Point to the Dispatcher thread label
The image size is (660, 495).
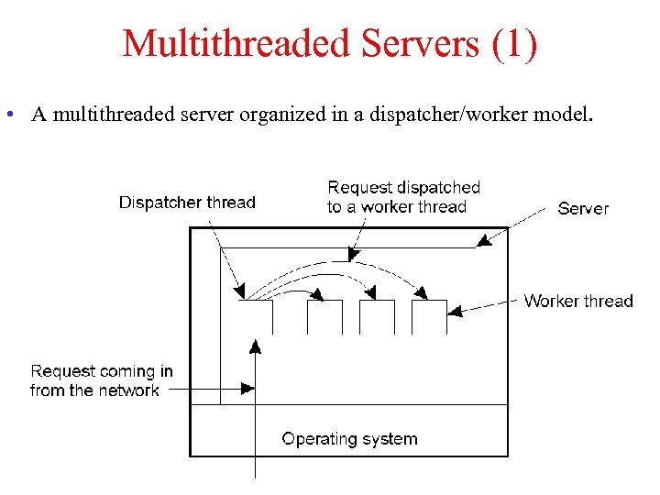(x=187, y=203)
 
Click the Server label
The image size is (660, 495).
(x=583, y=208)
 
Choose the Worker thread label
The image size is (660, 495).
(x=578, y=301)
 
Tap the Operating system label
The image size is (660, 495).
(x=349, y=439)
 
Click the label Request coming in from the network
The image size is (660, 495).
(x=101, y=380)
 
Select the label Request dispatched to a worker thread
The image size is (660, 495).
(x=403, y=197)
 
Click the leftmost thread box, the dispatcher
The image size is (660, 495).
(x=255, y=316)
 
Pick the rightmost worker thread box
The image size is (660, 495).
(x=429, y=316)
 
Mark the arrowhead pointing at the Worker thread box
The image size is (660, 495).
(x=456, y=312)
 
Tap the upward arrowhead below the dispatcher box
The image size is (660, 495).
(x=255, y=346)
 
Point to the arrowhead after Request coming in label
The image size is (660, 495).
(x=247, y=389)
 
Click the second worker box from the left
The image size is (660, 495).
(x=377, y=316)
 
